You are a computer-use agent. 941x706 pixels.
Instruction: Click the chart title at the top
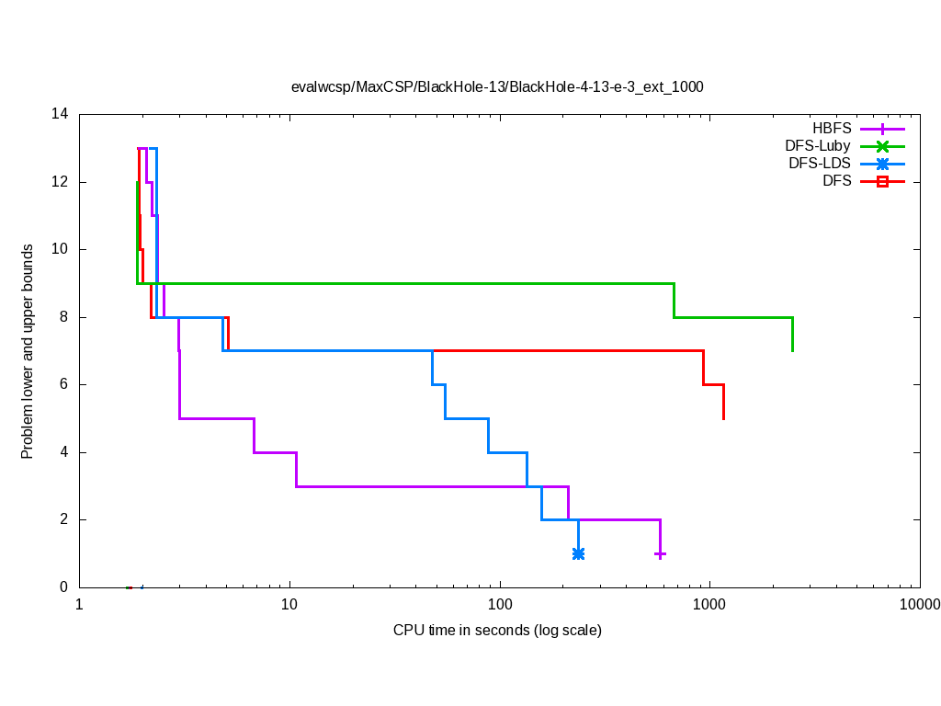pos(497,87)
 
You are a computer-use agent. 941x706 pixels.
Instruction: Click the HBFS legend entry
pos(832,129)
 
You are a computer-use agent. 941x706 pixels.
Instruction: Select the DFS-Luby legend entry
pos(818,146)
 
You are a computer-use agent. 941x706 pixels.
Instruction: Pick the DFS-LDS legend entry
pos(820,164)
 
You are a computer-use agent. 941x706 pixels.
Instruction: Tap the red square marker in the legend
pos(882,181)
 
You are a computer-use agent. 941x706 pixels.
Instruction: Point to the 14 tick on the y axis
pos(61,114)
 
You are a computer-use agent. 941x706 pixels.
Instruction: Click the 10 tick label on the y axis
pos(61,249)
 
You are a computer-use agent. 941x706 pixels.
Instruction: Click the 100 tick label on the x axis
pos(500,605)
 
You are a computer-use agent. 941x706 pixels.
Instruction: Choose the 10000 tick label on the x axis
pos(920,605)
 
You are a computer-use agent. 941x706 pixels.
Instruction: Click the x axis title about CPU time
pos(497,631)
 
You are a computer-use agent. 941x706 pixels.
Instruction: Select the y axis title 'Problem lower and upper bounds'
pos(28,351)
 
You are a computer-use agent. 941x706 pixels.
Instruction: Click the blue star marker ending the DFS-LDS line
pos(578,553)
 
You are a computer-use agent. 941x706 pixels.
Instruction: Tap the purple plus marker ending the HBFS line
pos(660,553)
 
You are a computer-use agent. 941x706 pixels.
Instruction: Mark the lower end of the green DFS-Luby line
pos(792,350)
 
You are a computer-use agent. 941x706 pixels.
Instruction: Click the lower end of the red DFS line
pos(723,418)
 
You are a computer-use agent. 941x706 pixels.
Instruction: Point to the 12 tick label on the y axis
pos(61,182)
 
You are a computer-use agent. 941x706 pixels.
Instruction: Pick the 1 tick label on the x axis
pos(79,605)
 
